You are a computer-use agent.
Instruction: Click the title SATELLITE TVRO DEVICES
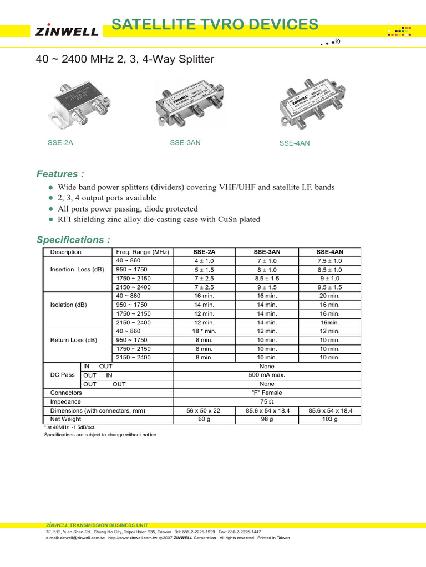215,24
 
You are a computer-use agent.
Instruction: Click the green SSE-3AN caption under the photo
185,143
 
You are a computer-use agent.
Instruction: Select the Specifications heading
73,240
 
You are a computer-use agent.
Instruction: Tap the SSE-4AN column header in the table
329,252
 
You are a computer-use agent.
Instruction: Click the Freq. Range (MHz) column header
142,252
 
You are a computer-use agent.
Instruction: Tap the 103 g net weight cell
329,419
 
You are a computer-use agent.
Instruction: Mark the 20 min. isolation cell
329,296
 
